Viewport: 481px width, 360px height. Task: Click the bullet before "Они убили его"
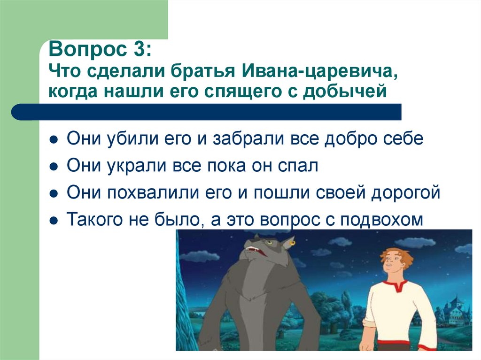(54, 140)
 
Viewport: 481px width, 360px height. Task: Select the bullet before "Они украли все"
(54, 167)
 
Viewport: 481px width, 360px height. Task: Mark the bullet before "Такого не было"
(54, 220)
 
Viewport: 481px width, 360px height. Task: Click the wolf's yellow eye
(269, 243)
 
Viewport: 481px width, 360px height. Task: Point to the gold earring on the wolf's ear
(293, 243)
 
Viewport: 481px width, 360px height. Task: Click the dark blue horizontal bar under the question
(207, 112)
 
